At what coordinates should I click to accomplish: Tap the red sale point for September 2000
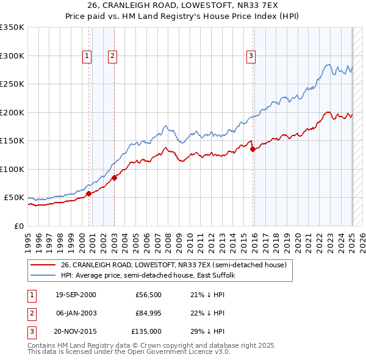tap(88, 193)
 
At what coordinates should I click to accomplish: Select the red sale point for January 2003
tap(114, 178)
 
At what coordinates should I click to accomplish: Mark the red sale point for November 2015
tap(253, 149)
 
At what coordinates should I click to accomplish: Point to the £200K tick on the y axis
tap(12, 112)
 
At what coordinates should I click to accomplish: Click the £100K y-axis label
tap(12, 169)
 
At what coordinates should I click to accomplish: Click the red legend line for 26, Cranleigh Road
tap(43, 265)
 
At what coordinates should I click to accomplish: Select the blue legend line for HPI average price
tap(43, 275)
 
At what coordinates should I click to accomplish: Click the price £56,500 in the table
tap(148, 295)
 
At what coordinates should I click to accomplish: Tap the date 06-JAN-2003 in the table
tap(76, 313)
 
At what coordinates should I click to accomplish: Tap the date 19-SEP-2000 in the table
tap(76, 295)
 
